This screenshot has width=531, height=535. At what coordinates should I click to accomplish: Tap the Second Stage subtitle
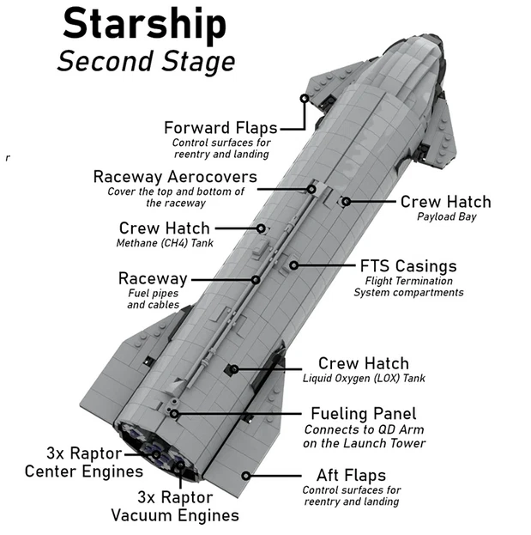point(146,62)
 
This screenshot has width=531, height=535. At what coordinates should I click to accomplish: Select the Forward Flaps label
point(220,128)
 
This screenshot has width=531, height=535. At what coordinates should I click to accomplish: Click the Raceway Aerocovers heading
point(175,177)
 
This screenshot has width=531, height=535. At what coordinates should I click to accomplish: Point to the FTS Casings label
point(408,266)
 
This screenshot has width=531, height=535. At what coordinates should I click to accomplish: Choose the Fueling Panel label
point(364,414)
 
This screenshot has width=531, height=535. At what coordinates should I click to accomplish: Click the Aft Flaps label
point(351,475)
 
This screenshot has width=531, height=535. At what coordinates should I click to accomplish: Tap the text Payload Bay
point(446,216)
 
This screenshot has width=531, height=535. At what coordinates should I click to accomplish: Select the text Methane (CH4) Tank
point(165,243)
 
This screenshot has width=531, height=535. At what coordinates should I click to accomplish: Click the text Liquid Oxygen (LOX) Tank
point(364,379)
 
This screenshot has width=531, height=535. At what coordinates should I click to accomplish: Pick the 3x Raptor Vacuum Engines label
point(175,506)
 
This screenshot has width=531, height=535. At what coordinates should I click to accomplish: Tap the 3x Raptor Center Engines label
point(84,462)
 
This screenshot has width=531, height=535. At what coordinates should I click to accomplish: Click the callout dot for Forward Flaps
point(305,99)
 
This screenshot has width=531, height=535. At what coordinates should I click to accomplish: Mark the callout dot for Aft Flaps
point(245,476)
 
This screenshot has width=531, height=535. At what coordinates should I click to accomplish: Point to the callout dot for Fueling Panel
point(174,414)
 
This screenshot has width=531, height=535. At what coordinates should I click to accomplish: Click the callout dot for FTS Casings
point(293,265)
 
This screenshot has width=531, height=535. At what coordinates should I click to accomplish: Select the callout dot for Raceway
point(256,280)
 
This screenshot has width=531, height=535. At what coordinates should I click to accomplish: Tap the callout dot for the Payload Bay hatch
point(346,201)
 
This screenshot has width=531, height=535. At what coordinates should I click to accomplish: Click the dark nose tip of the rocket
point(434,40)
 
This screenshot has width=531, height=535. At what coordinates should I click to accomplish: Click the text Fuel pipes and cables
point(153,299)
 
